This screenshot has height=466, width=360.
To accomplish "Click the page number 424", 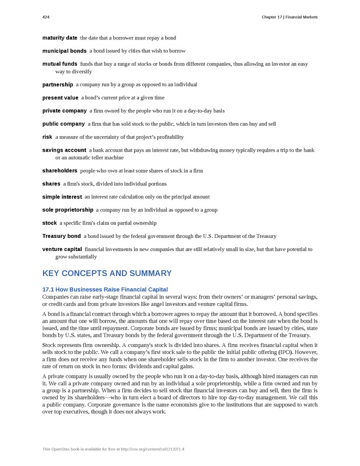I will [x=46, y=17].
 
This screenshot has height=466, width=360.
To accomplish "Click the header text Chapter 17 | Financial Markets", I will [x=289, y=17].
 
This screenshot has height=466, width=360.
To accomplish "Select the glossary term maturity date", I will [x=59, y=38].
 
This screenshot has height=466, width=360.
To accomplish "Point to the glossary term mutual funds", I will [x=59, y=64].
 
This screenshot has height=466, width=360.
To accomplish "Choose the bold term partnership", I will [x=58, y=85].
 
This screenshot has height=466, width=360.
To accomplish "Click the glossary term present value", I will [x=60, y=98].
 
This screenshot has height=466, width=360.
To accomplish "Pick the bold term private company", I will [x=65, y=110].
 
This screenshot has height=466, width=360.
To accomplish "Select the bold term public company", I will [x=63, y=124].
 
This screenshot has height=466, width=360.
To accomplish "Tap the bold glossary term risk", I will [x=47, y=137].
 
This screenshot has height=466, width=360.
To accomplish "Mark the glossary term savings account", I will [x=64, y=150].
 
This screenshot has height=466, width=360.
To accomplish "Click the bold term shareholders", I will [x=59, y=170].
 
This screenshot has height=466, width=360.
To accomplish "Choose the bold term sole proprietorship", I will [x=67, y=210].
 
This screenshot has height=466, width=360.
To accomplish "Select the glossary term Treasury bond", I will [x=61, y=236].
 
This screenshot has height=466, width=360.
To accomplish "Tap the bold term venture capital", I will [x=62, y=249].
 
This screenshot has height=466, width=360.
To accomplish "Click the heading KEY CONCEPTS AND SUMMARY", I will [x=107, y=273].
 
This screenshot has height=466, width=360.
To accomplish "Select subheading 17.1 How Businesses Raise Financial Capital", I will [x=105, y=289].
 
